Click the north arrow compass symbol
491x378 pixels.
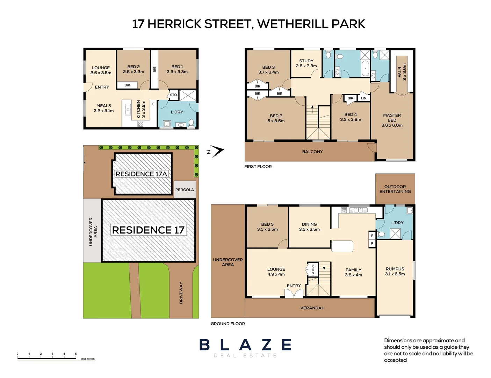[x=216, y=152]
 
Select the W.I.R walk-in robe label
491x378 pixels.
[x=402, y=72]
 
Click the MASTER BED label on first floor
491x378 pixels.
[x=392, y=120]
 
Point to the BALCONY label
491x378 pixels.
[x=312, y=152]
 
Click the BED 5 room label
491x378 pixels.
[x=267, y=227]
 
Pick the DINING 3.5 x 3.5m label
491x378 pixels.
[x=309, y=227]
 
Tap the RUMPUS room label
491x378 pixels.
[x=395, y=271]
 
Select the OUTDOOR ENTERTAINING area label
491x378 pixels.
[x=395, y=189]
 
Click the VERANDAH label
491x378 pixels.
[x=312, y=308]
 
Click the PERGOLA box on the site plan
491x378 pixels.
[x=185, y=190]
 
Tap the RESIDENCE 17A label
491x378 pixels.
[x=141, y=174]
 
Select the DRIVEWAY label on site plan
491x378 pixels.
[x=181, y=293]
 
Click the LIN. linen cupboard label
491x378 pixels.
[x=364, y=98]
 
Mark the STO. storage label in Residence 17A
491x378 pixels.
[x=174, y=95]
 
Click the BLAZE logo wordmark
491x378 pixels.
[x=245, y=345]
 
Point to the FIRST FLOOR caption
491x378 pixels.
[x=258, y=167]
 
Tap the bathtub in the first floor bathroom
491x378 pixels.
[x=365, y=68]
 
